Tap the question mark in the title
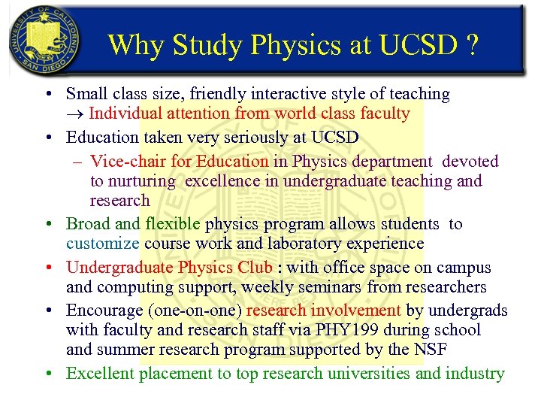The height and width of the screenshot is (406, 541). click(471, 45)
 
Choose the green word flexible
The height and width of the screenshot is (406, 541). click(173, 224)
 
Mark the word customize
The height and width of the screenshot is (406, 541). click(102, 244)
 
